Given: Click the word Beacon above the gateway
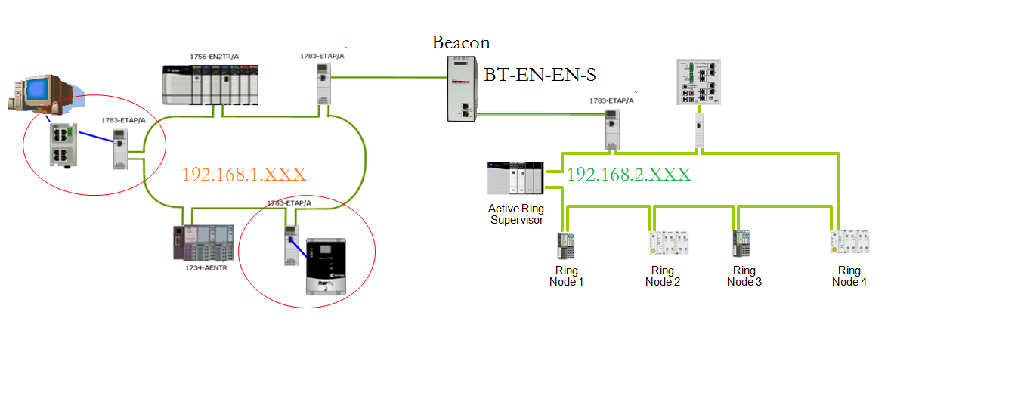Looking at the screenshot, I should point(461,42).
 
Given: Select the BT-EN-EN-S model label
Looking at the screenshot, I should point(540,74).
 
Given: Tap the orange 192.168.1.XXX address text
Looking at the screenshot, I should point(243,175).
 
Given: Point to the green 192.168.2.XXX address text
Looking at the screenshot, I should point(629,175).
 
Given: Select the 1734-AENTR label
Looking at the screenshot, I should point(206,267).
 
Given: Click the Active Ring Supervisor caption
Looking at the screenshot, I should point(516,214).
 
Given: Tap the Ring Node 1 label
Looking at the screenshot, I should point(566,276).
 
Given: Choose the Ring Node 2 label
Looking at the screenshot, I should point(663,276).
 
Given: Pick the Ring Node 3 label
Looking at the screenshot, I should point(744,276).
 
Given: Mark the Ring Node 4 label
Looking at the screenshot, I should point(849,276).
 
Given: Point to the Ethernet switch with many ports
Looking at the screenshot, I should point(699,83).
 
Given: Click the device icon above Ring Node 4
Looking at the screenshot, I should point(850,241).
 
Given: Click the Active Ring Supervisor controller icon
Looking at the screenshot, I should point(515,178).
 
